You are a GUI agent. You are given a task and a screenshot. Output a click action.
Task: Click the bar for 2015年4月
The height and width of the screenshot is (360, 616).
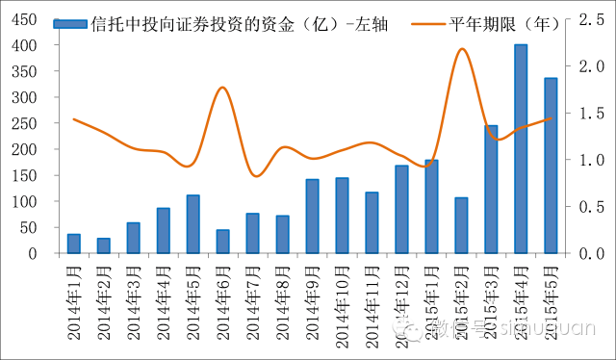[x=521, y=149]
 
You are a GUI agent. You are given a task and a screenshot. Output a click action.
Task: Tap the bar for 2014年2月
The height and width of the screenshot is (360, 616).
[x=103, y=245]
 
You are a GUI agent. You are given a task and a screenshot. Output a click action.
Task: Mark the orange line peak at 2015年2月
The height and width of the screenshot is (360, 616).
[x=462, y=49]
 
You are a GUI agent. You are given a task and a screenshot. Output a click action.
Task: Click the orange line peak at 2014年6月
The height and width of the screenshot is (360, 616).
[x=222, y=88]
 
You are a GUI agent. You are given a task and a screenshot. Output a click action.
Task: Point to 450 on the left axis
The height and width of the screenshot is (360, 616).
[x=27, y=19]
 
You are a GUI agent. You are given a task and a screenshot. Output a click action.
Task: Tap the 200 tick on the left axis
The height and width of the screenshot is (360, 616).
[x=27, y=149]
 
